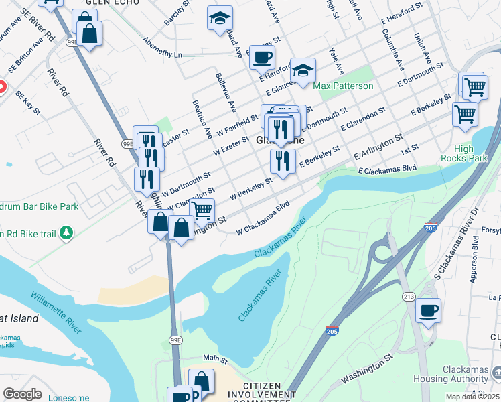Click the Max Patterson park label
[344, 86]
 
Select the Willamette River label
[56, 312]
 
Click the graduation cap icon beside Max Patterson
[303, 70]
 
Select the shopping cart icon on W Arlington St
[202, 210]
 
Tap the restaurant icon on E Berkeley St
[283, 161]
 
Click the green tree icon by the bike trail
[66, 233]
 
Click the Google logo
[22, 394]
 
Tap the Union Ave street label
[421, 46]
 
